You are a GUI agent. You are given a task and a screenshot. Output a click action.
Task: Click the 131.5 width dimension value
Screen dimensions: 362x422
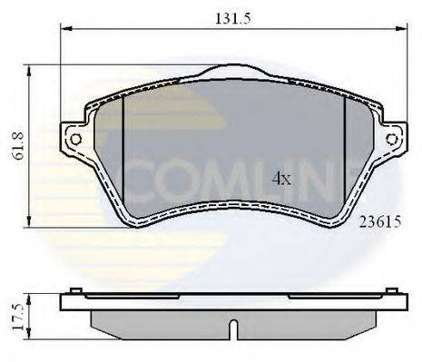(234, 15)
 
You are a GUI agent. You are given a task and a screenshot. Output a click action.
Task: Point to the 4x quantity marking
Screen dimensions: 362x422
(282, 179)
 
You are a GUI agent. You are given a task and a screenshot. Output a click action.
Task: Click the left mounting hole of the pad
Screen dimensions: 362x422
(75, 139)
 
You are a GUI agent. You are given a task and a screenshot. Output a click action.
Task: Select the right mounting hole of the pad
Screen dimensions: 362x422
(392, 139)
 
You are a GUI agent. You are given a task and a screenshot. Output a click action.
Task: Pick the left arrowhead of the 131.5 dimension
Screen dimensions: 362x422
(65, 28)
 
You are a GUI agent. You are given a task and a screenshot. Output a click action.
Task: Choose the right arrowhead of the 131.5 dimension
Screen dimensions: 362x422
(402, 28)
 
